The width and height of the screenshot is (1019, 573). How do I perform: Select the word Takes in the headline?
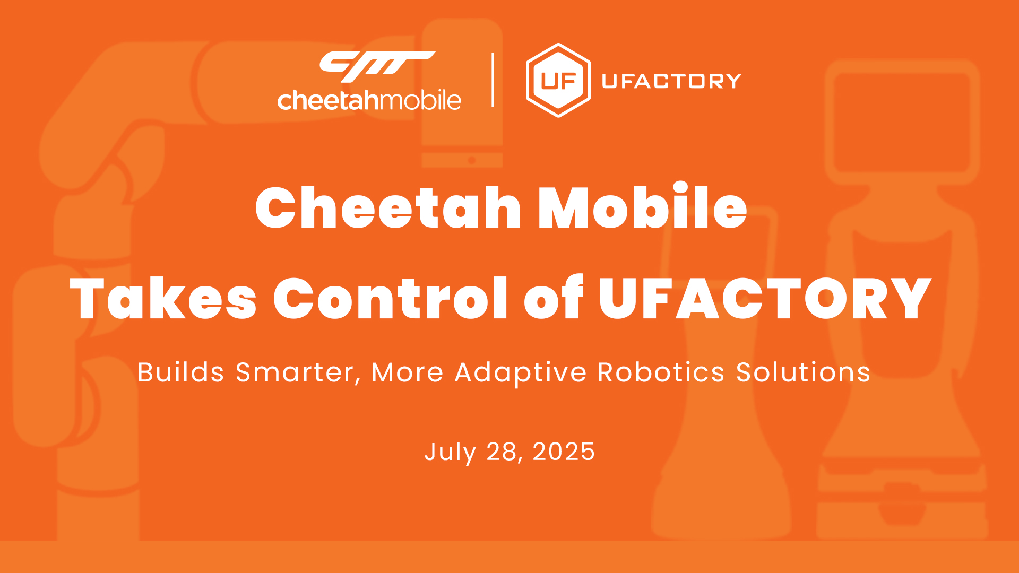tap(163, 298)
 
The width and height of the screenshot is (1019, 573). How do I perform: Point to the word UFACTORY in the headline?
tap(765, 298)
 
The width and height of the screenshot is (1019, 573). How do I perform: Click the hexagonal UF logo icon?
tap(558, 80)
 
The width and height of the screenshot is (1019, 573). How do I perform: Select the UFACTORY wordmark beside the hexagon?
tap(671, 81)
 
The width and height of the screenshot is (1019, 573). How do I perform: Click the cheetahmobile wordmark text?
tap(369, 100)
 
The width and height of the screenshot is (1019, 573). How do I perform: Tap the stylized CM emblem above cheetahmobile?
tap(377, 66)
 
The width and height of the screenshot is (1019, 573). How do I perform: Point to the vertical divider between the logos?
tap(493, 80)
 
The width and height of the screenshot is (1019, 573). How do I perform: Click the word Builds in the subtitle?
tap(181, 372)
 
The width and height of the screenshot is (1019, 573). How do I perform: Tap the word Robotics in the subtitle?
tap(661, 372)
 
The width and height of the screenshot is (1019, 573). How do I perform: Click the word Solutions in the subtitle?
tap(804, 372)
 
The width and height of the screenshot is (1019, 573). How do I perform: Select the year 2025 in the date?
tap(564, 452)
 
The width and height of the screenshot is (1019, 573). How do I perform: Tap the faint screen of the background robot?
tap(902, 121)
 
